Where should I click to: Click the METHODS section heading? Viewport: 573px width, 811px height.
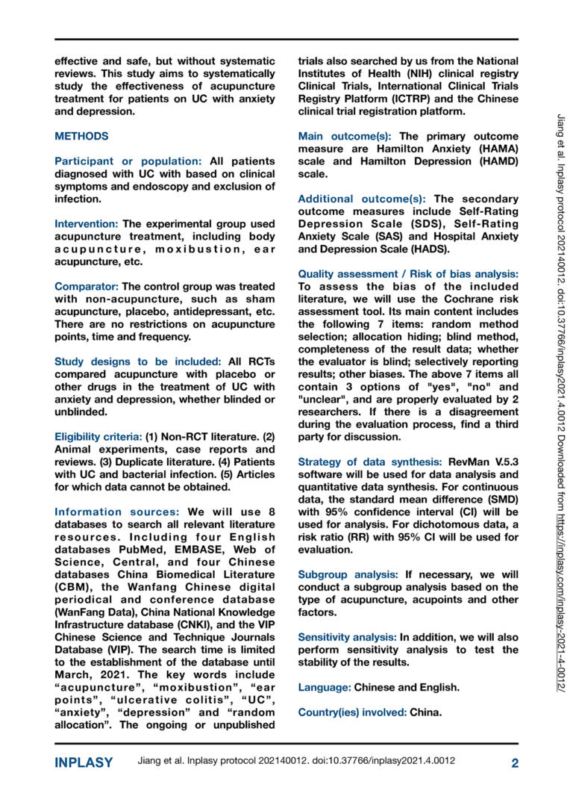point(81,137)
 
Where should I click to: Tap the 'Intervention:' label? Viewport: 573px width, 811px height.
point(87,223)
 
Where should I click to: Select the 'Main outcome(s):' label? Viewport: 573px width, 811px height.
point(346,137)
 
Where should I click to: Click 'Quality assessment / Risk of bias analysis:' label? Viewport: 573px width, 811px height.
point(407,274)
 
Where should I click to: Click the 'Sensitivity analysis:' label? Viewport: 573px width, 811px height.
point(347,637)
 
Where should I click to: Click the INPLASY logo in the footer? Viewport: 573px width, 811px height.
point(84,762)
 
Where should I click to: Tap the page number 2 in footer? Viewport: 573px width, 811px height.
point(514,762)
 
